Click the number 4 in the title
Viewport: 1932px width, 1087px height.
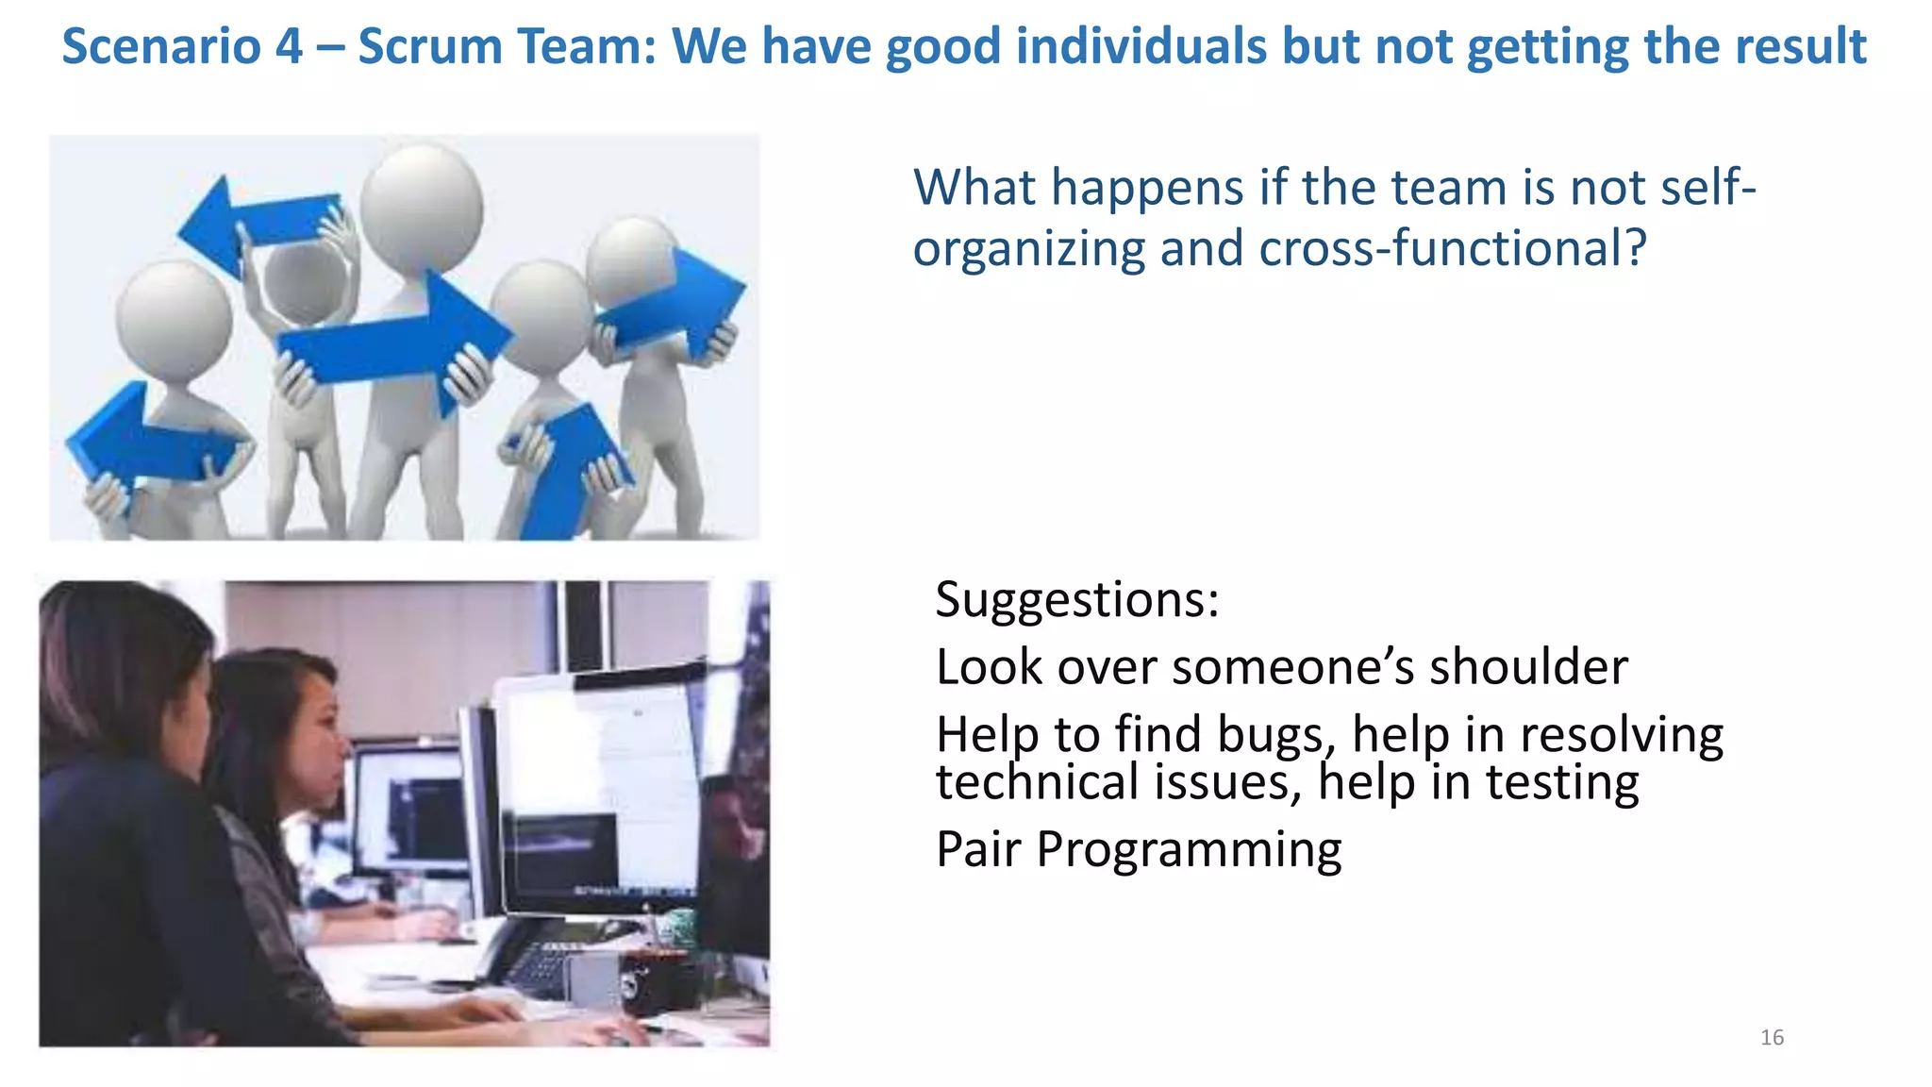[x=290, y=46]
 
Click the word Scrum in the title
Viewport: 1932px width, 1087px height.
[x=430, y=46]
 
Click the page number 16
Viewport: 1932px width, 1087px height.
[x=1772, y=1038]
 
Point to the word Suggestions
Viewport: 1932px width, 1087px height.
[x=1076, y=600]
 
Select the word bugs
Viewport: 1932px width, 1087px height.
[x=1276, y=735]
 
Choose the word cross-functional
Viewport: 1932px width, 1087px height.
[x=1453, y=249]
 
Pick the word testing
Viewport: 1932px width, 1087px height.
[x=1562, y=783]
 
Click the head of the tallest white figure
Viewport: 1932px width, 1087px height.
[x=421, y=208]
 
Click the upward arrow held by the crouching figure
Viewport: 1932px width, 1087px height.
[x=566, y=472]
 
